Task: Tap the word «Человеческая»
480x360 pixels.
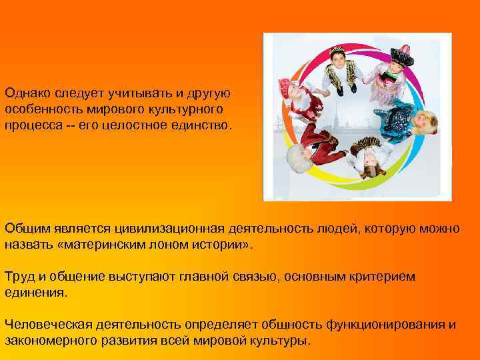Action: coord(44,325)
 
